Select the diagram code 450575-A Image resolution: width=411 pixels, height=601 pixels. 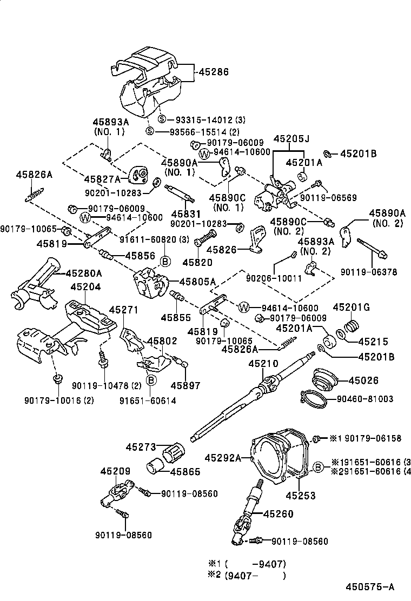[370, 586]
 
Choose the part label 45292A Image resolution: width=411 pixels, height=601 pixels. [222, 458]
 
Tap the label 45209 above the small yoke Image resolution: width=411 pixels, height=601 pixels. [115, 471]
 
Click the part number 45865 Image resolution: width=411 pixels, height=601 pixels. [185, 472]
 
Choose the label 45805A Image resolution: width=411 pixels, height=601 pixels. [197, 281]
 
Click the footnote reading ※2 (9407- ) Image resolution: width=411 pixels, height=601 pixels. [247, 575]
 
